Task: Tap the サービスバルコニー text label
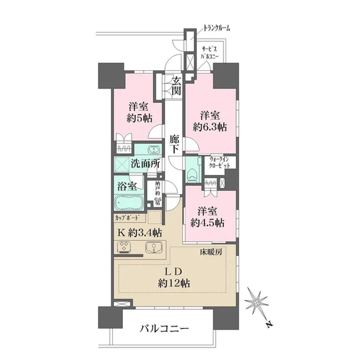[212, 53]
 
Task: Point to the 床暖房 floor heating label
[211, 253]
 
